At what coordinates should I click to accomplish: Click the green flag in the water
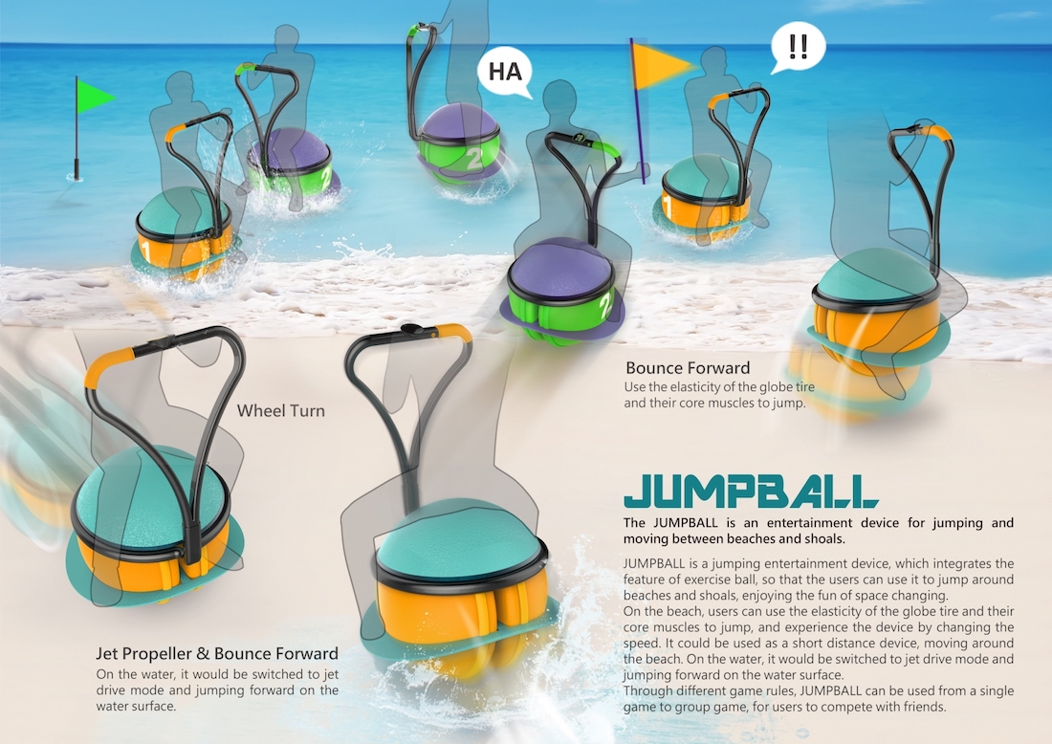pyautogui.click(x=94, y=97)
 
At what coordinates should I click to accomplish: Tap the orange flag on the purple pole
pyautogui.click(x=662, y=66)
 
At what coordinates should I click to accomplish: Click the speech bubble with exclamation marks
pyautogui.click(x=798, y=48)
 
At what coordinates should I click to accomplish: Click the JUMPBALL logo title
pyautogui.click(x=750, y=492)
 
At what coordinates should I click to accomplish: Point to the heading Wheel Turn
pyautogui.click(x=280, y=410)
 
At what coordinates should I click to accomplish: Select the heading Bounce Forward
pyautogui.click(x=688, y=367)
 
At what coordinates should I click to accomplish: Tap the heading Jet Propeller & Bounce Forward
pyautogui.click(x=217, y=653)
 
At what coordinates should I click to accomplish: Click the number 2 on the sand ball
pyautogui.click(x=605, y=300)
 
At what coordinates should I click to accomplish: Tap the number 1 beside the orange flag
pyautogui.click(x=668, y=206)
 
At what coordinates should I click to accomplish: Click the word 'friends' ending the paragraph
pyautogui.click(x=924, y=707)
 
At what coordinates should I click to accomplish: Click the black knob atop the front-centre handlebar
pyautogui.click(x=409, y=330)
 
